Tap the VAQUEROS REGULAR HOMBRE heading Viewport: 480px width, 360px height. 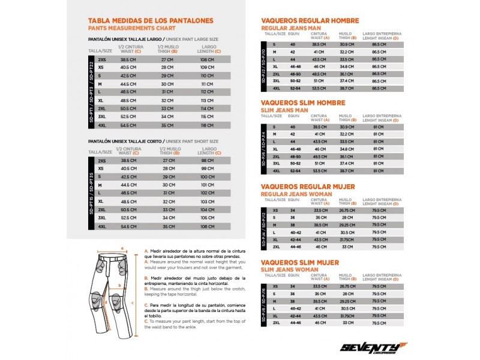pos(310,20)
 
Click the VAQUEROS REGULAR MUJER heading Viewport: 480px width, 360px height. pos(308,187)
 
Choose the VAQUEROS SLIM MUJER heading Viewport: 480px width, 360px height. pos(300,262)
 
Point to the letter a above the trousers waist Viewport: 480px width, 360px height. pos(122,247)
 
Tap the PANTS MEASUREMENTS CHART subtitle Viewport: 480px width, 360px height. pos(131,28)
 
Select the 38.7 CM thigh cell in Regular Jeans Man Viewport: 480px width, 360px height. pos(347,88)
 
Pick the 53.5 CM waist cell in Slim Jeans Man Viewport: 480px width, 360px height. pos(319,170)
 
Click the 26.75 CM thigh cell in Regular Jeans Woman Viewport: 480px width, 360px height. pos(347,211)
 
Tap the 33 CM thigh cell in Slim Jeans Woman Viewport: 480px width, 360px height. pos(347,322)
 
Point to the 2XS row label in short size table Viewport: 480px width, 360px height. pos(101,161)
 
